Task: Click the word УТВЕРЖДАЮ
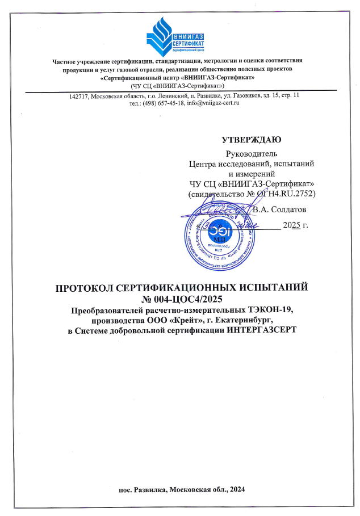coord(251,139)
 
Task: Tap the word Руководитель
coord(251,153)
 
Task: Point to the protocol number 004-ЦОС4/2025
coord(187,299)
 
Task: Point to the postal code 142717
coord(80,97)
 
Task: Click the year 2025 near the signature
coord(291,225)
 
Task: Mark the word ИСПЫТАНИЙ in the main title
coord(273,287)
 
